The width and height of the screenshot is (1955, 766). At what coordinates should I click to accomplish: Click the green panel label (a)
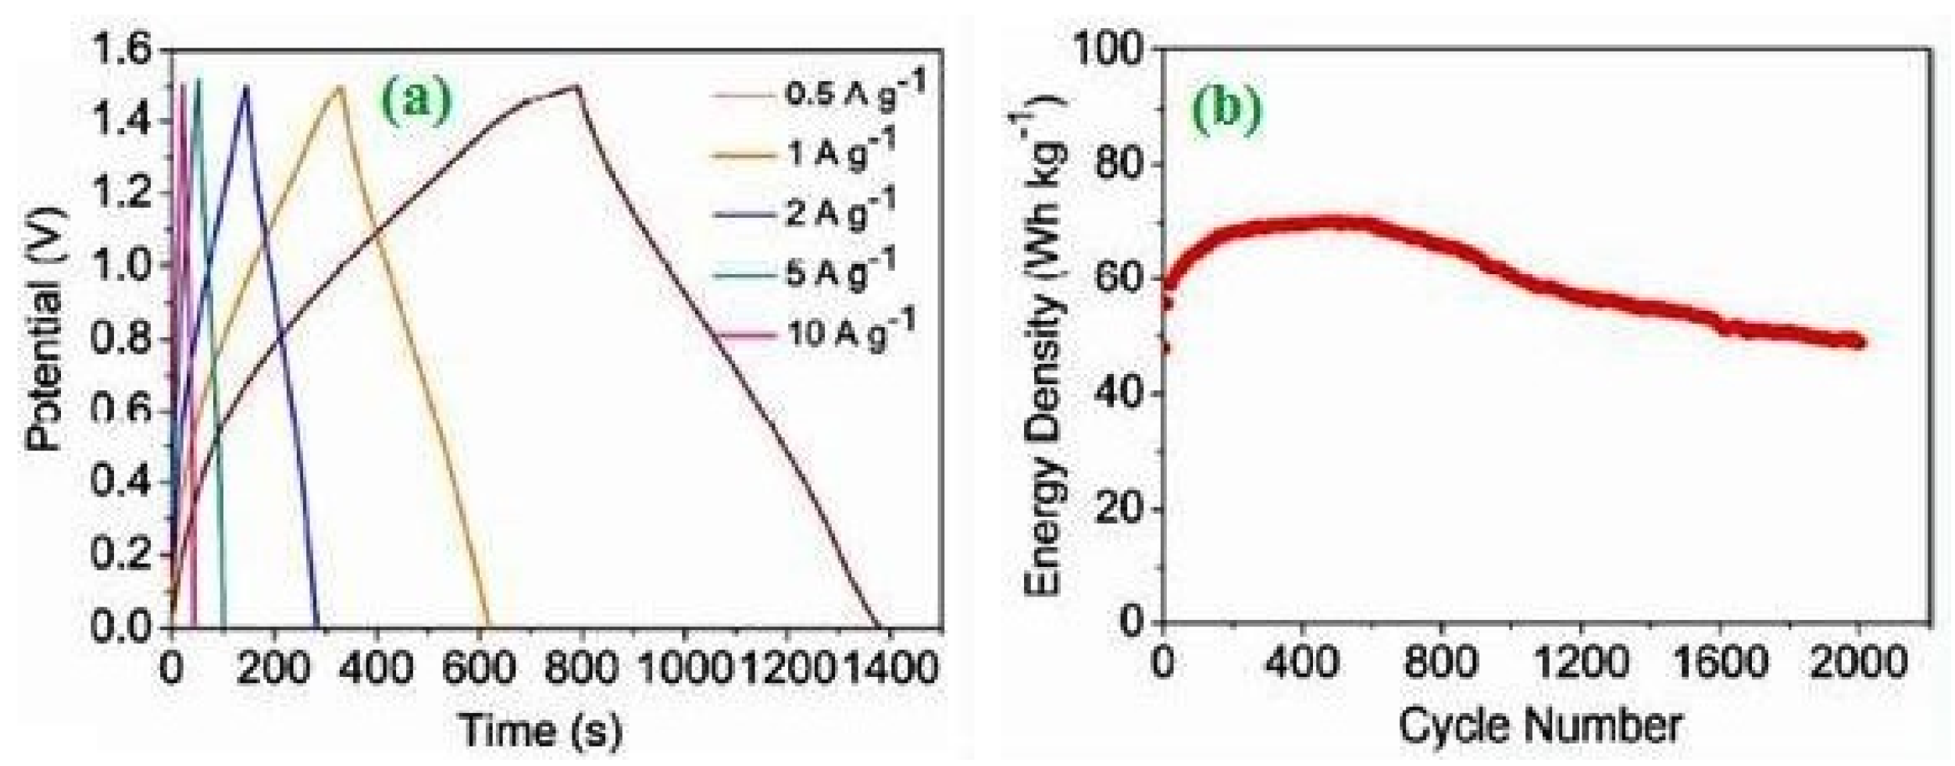point(416,105)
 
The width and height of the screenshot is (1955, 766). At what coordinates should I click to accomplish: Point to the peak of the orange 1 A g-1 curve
point(340,87)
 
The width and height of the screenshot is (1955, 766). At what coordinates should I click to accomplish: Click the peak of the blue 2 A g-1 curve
point(246,86)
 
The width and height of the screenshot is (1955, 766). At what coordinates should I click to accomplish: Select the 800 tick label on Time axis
point(580,668)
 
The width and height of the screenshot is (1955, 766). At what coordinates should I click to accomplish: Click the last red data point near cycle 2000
point(1860,342)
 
